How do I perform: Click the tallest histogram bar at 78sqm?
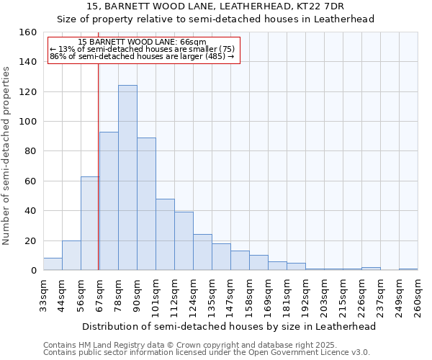click(127, 178)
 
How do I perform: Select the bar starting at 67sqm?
click(109, 201)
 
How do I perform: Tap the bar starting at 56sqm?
click(90, 223)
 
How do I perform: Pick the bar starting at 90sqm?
click(146, 204)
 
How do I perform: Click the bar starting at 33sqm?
click(53, 264)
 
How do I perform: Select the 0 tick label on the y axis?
click(33, 271)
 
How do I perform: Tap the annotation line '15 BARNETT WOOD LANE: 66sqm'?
click(142, 42)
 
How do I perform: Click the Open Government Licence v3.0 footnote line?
click(206, 353)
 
